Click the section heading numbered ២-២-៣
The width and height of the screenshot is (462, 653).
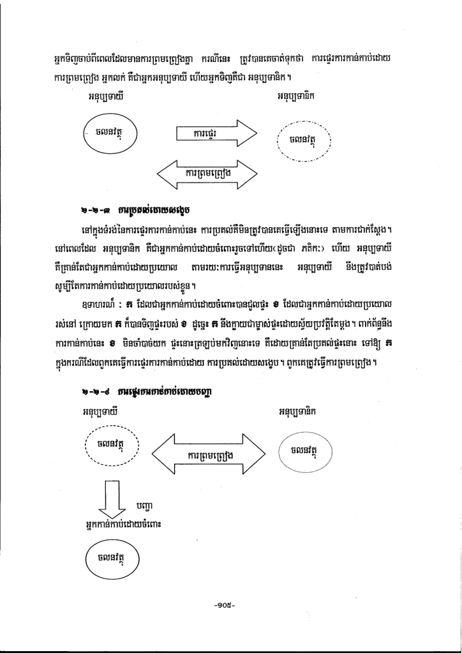138,209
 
